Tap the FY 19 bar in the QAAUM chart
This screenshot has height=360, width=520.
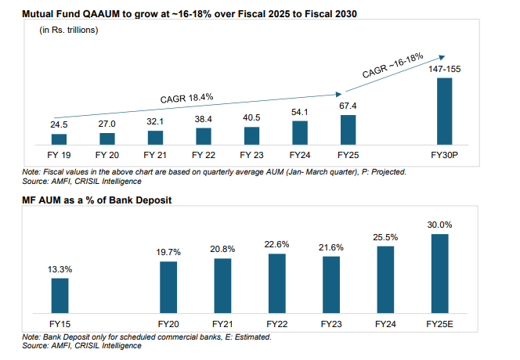point(60,139)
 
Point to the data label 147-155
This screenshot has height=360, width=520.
point(443,69)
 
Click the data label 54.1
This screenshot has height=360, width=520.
point(300,111)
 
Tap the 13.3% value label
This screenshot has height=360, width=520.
point(60,269)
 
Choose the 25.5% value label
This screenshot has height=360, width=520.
point(386,237)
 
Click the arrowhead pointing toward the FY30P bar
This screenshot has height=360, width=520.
point(444,56)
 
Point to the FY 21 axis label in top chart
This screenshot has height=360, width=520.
point(155,155)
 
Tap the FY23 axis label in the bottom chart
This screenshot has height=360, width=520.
point(331,323)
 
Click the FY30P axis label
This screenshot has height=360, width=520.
point(444,155)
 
